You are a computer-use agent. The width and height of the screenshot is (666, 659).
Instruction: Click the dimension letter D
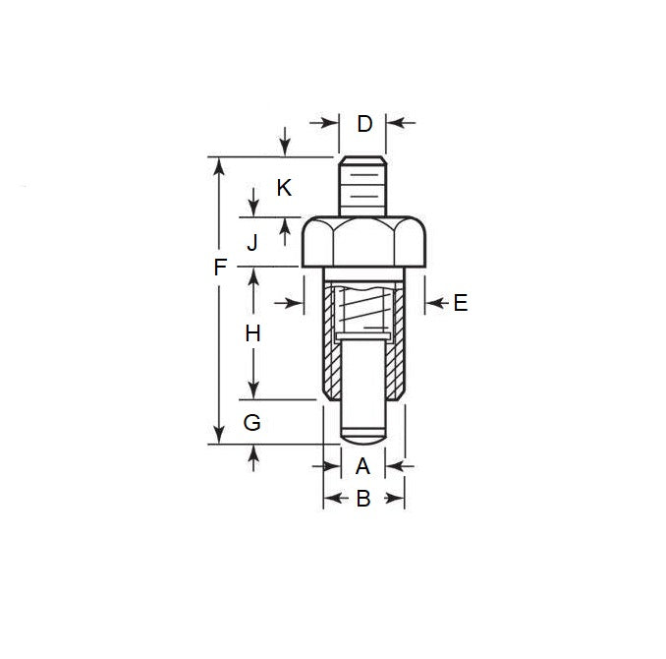pyautogui.click(x=364, y=124)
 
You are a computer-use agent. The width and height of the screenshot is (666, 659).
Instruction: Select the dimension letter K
pyautogui.click(x=284, y=187)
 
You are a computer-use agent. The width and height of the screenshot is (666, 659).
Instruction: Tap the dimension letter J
pyautogui.click(x=252, y=242)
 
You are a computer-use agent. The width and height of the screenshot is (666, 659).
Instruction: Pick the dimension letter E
pyautogui.click(x=460, y=303)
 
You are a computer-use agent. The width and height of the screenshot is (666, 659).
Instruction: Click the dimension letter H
pyautogui.click(x=252, y=334)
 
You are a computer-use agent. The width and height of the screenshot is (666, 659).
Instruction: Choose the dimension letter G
pyautogui.click(x=252, y=423)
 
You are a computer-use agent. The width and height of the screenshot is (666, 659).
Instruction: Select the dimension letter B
pyautogui.click(x=362, y=500)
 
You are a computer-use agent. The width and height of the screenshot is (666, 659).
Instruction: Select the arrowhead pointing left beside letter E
pyautogui.click(x=431, y=303)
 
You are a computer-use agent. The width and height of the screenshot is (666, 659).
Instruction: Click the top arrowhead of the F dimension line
pyautogui.click(x=219, y=165)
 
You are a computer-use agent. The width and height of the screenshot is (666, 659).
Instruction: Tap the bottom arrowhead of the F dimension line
pyautogui.click(x=219, y=436)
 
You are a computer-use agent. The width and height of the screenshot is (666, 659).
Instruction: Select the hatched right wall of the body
pyautogui.click(x=398, y=344)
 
